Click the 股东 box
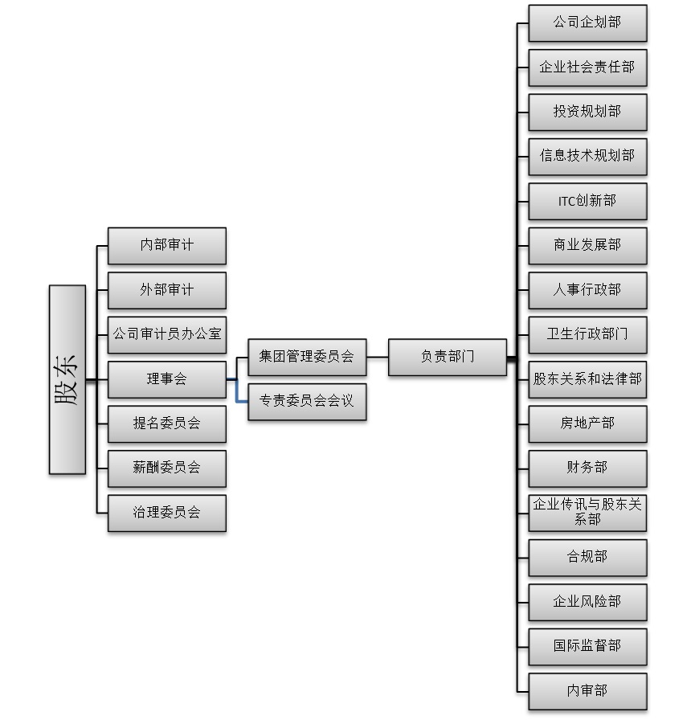(67, 379)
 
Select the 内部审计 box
(166, 245)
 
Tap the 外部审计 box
(166, 290)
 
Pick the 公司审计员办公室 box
(166, 334)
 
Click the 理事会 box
(166, 379)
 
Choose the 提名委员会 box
(166, 423)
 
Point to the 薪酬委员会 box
(166, 468)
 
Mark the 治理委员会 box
(166, 513)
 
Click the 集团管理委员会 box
(307, 357)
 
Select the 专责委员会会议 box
(307, 401)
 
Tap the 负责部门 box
(448, 357)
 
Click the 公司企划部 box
(587, 22)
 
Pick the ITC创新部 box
(587, 201)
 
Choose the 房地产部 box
(587, 423)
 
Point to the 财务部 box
(587, 468)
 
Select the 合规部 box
(587, 558)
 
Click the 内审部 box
(587, 691)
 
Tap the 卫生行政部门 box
(587, 334)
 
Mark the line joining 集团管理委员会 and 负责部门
(378, 357)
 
